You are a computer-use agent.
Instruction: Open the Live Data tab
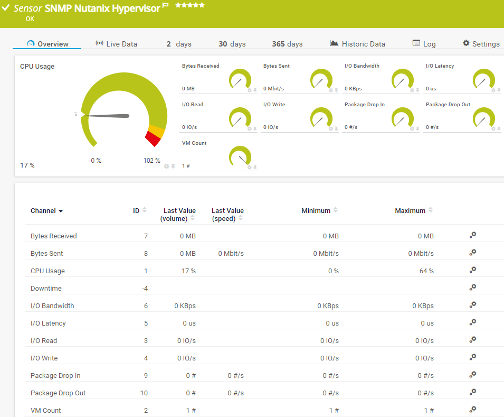point(117,44)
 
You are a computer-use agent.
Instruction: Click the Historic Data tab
point(358,44)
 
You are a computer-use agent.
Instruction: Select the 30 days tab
point(232,44)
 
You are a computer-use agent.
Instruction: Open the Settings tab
point(481,44)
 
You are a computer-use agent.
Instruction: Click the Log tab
point(424,44)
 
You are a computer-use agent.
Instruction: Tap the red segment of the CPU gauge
point(153,139)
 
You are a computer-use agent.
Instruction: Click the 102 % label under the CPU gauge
point(152,161)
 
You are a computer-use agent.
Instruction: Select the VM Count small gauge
point(240,157)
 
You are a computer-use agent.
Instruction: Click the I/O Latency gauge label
point(440,66)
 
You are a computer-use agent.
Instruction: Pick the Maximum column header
point(410,211)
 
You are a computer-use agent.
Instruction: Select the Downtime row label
point(46,289)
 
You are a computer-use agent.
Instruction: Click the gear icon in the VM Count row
point(473,410)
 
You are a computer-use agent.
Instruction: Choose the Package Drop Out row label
point(58,393)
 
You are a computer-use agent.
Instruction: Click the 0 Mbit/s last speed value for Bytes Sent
point(231,254)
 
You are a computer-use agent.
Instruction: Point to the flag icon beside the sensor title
point(165,6)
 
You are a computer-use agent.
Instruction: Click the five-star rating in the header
point(190,5)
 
